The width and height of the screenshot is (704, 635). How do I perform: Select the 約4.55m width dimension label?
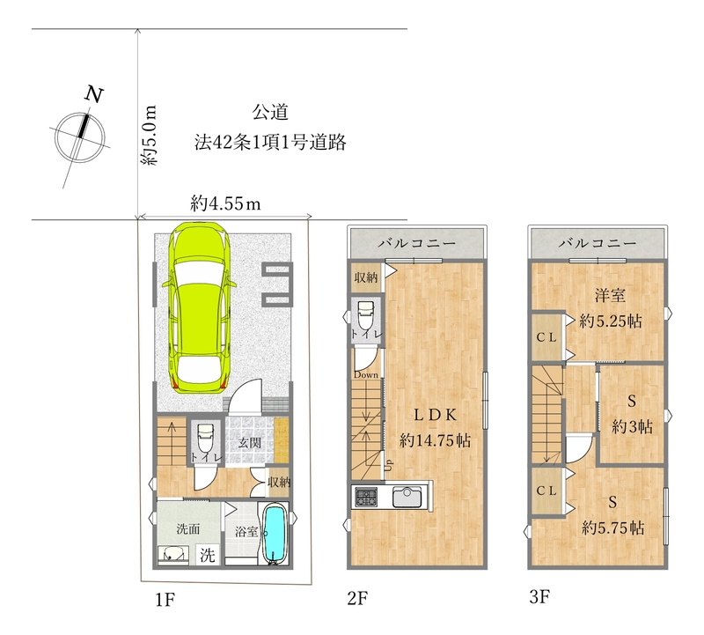pyautogui.click(x=225, y=204)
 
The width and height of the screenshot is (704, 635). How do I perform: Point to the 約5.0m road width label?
pyautogui.click(x=149, y=136)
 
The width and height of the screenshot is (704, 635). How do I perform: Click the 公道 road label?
pyautogui.click(x=271, y=113)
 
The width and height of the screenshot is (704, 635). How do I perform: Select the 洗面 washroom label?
pyautogui.click(x=188, y=529)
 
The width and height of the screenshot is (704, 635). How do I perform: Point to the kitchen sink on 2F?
pyautogui.click(x=407, y=497)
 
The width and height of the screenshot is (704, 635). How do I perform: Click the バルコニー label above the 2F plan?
pyautogui.click(x=417, y=241)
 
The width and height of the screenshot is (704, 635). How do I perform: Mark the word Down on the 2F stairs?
pyautogui.click(x=367, y=375)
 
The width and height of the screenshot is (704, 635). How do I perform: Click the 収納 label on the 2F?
pyautogui.click(x=365, y=278)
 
